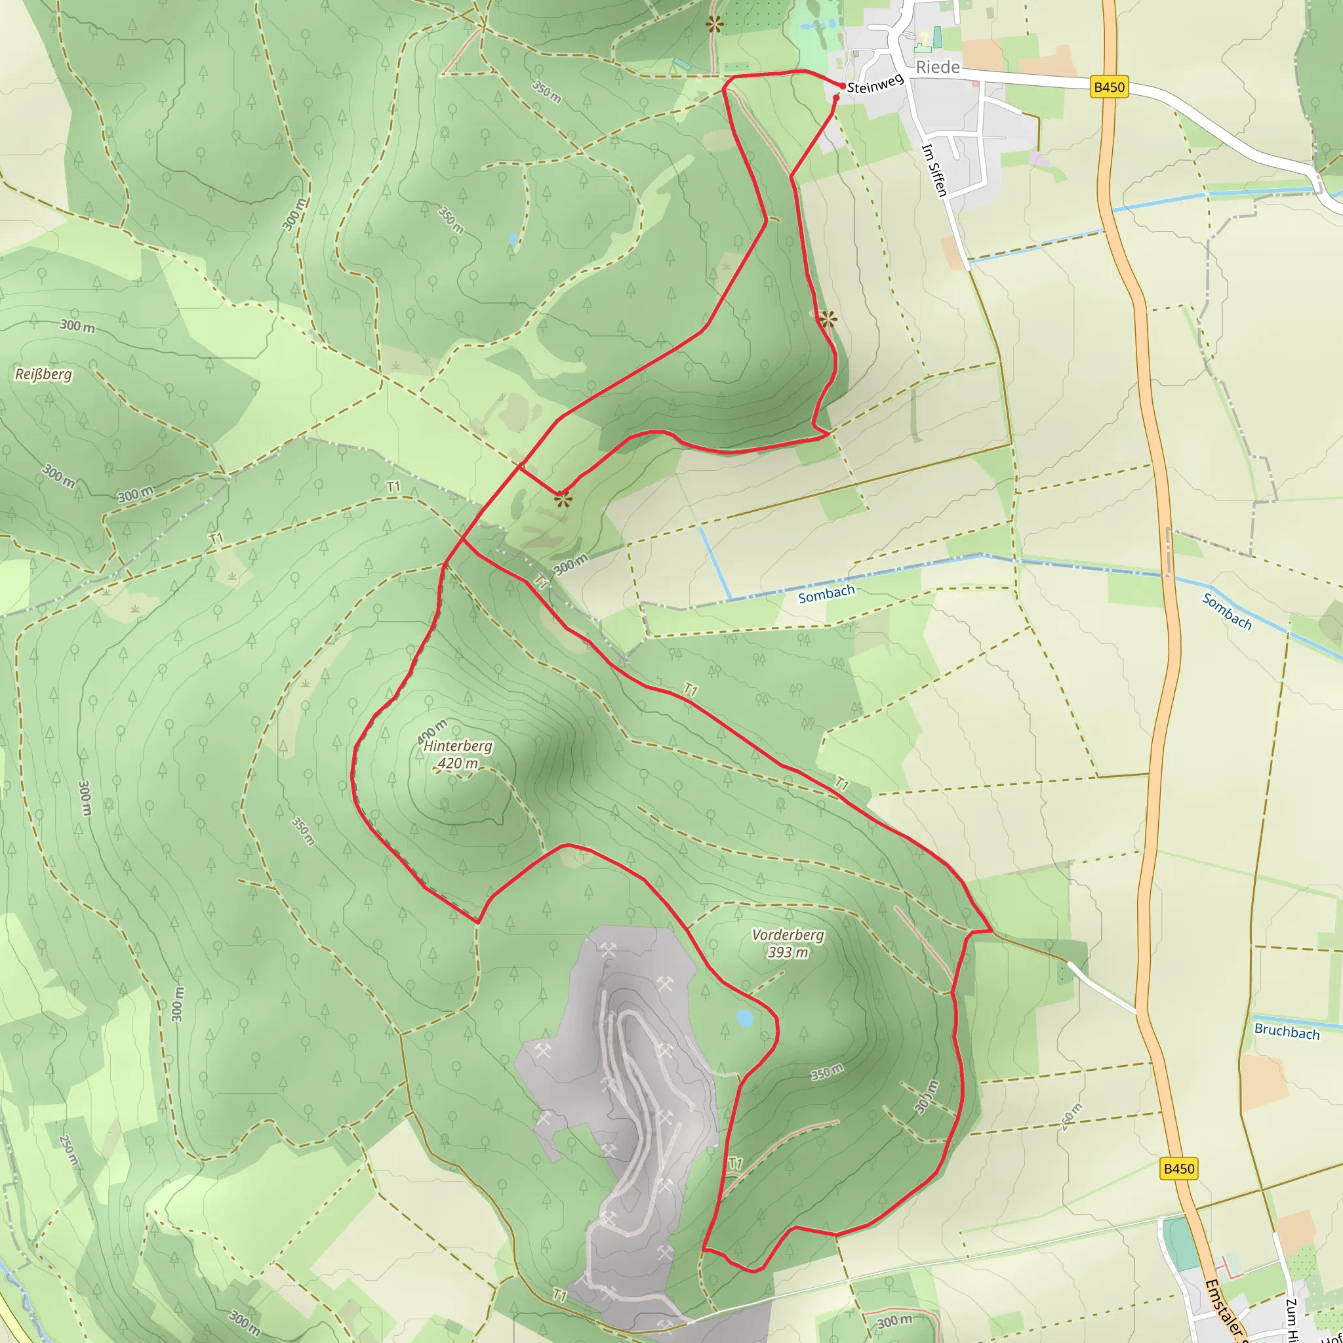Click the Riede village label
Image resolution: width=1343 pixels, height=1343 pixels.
[938, 67]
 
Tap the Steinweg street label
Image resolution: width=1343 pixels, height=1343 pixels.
[875, 83]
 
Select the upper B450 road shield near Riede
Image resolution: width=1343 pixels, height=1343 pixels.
[1109, 87]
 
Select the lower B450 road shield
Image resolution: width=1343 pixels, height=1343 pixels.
[1179, 1169]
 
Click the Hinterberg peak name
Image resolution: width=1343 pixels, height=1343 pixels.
[458, 746]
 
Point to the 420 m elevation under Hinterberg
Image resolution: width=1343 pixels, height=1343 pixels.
[458, 763]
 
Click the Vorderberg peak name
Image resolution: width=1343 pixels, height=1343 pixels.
[788, 935]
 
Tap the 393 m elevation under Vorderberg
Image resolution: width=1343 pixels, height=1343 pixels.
[788, 952]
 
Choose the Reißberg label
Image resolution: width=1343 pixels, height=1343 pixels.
[44, 374]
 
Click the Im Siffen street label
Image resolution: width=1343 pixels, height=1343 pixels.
[934, 170]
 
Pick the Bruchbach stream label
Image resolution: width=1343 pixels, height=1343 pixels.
[1287, 1032]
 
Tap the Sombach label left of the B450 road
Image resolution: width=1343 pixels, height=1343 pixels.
[826, 594]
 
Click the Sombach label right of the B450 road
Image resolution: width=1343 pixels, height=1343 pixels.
[1227, 612]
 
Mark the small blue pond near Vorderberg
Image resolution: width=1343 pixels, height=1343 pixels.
[744, 1019]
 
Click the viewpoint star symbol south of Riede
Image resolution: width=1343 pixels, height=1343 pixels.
[827, 320]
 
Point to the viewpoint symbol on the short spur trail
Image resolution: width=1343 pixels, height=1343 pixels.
[563, 498]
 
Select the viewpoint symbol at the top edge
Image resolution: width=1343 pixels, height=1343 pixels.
[715, 25]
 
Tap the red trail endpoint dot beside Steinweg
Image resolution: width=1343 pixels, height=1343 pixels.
[843, 86]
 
